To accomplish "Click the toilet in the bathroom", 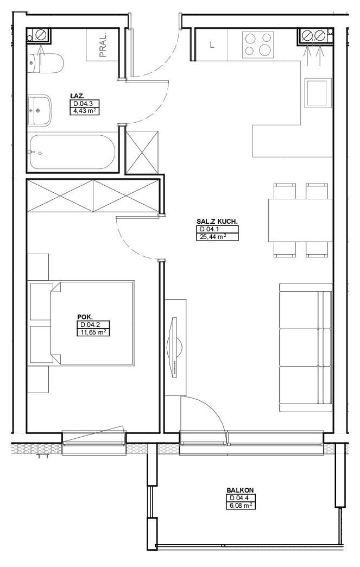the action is tap(45, 62).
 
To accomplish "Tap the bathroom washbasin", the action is tap(40, 110).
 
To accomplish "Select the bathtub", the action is tap(72, 152).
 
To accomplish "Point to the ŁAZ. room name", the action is tap(77, 96).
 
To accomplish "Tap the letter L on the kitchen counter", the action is tap(212, 45).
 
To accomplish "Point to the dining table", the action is tap(300, 220).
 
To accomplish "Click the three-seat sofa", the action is tap(306, 347).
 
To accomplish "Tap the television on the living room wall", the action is tap(175, 348).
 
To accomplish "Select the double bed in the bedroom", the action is tap(92, 323).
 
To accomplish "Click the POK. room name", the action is tap(83, 317).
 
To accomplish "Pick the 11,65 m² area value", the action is tap(93, 332).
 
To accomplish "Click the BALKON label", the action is tap(240, 490).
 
